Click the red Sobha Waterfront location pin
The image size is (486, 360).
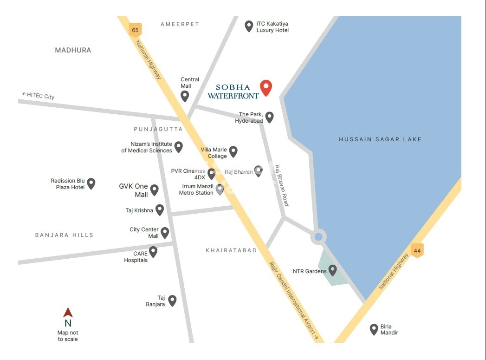tap(266, 87)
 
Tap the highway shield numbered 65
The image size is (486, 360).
tap(135, 30)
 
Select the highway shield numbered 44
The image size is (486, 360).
tap(417, 251)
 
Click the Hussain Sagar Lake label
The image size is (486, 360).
tap(380, 139)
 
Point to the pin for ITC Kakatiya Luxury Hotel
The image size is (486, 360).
tap(249, 26)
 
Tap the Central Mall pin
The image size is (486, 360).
tap(185, 96)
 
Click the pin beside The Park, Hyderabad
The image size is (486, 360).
tap(269, 117)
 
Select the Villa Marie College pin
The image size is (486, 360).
tap(233, 151)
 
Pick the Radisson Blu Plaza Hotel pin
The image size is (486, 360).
tap(91, 183)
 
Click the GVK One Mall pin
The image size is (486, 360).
tap(154, 190)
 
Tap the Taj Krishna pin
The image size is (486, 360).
tap(160, 209)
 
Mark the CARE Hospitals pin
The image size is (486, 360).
tap(153, 252)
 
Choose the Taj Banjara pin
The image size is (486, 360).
tap(172, 301)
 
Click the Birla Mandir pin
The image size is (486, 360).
tap(374, 329)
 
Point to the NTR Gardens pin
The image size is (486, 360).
tap(332, 270)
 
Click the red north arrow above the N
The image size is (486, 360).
tap(68, 313)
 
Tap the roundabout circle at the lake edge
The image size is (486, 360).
tap(318, 237)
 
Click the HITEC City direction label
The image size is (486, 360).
tap(38, 95)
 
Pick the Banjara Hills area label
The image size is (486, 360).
tap(65, 235)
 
